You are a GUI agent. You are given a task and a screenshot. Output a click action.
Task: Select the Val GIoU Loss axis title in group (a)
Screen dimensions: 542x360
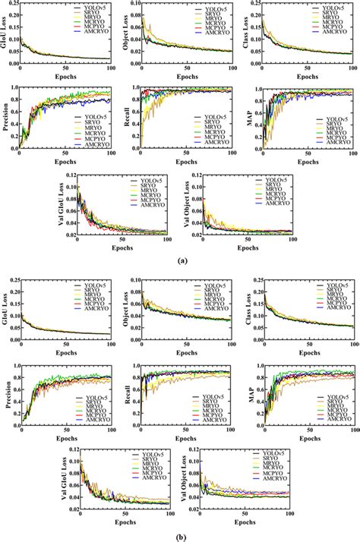point(62,209)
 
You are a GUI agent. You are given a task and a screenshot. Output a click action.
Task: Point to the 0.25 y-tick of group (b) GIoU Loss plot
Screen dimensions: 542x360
point(12,280)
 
